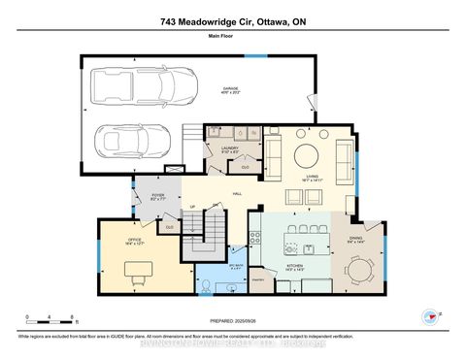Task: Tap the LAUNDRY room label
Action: (230, 149)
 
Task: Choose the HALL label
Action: (237, 194)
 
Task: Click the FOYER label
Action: (156, 196)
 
